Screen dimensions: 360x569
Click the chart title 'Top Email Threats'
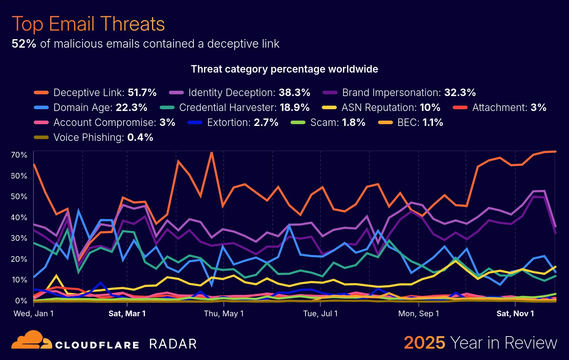[x=88, y=24]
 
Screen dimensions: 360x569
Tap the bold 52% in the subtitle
[x=24, y=44]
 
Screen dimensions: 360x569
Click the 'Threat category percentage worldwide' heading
[x=284, y=69]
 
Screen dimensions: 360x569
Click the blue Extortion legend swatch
[x=195, y=122]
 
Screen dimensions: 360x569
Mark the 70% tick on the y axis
[x=19, y=155]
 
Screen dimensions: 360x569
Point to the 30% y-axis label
[x=19, y=238]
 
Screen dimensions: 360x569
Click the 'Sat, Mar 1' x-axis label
[x=127, y=313]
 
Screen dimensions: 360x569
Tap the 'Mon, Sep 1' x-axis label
[x=418, y=313]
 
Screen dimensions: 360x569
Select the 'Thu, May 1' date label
[x=224, y=313]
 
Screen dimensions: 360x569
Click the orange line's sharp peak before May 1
[x=212, y=153]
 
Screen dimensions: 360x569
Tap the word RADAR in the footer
[x=173, y=344]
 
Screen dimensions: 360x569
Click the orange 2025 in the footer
[x=424, y=343]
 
